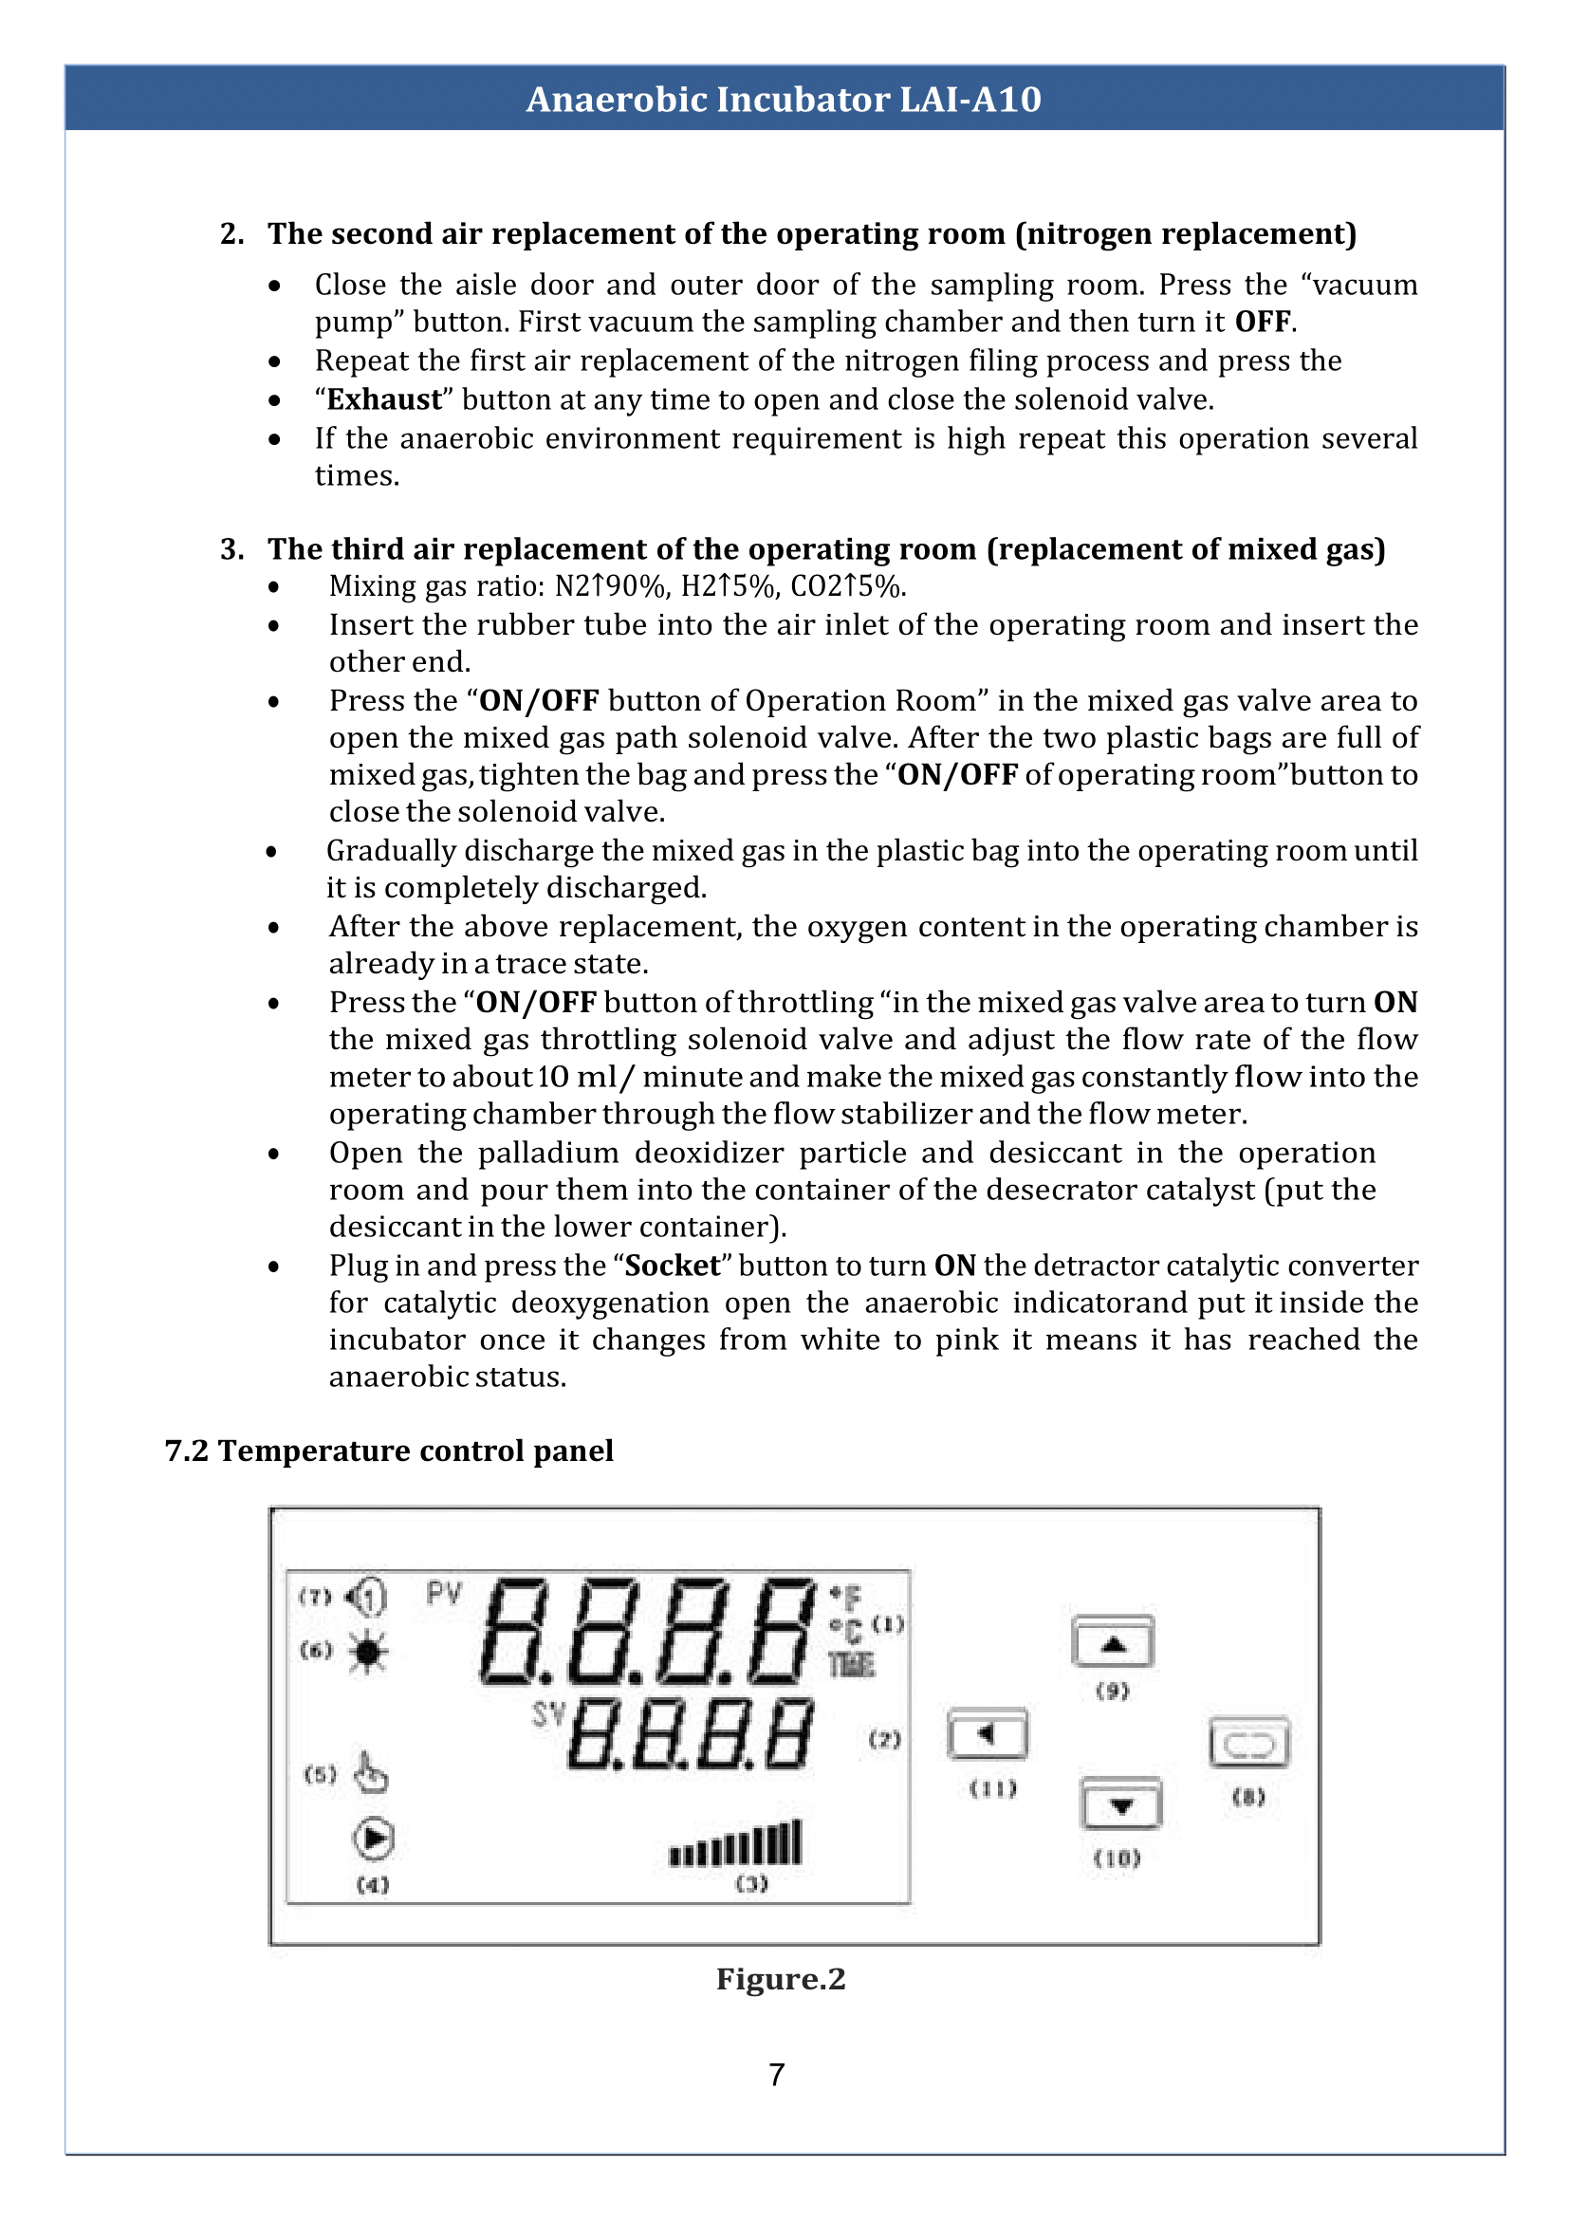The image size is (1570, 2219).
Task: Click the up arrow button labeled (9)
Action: point(1112,1641)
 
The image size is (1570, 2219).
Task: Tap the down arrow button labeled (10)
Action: point(1119,1803)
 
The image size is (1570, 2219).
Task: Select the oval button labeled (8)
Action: point(1248,1744)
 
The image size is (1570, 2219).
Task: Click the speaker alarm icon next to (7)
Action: point(367,1597)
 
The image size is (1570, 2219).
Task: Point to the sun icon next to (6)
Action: point(368,1652)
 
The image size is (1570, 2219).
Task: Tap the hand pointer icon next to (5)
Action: point(369,1772)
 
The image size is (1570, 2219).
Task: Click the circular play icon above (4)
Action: point(373,1838)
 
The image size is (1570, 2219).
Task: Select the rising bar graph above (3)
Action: point(736,1843)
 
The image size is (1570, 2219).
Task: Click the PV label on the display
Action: point(444,1594)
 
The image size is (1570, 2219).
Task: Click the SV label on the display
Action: point(547,1714)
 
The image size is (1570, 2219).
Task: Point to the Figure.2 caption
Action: point(780,1978)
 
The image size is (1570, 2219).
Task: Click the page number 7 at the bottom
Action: point(776,2075)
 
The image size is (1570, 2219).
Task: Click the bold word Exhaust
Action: point(384,399)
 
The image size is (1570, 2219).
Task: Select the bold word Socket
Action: point(672,1266)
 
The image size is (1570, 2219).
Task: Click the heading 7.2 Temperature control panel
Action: point(389,1451)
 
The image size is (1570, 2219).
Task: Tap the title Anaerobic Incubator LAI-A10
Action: point(783,99)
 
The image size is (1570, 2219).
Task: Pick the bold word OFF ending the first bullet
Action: point(1263,322)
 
